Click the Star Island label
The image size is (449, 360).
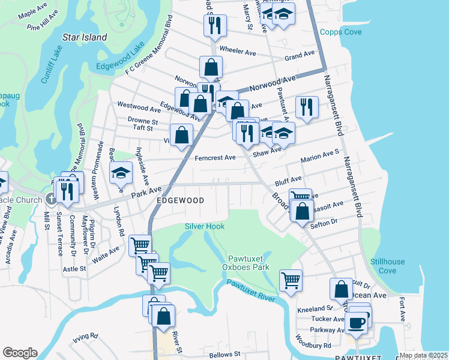(85, 37)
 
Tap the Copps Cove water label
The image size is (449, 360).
(340, 32)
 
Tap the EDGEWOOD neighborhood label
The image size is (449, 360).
(180, 200)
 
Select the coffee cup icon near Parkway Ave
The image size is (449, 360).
(358, 322)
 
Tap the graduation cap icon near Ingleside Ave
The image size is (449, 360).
(121, 173)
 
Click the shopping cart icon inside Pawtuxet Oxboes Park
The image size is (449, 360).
(291, 279)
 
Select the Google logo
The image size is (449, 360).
(20, 353)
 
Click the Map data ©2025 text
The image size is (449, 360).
(423, 355)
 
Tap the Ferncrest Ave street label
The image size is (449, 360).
(215, 158)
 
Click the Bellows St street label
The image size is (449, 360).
(224, 355)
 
